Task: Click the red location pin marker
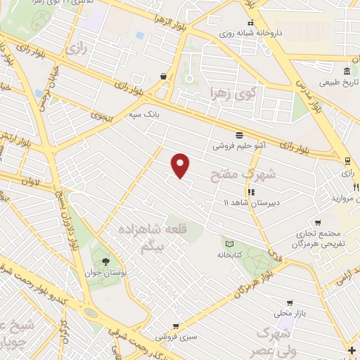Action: point(181,165)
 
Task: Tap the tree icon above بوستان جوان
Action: point(105,262)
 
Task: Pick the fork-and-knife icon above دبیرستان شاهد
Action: point(250,191)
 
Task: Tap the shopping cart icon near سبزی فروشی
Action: point(175,326)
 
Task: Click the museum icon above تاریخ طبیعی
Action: point(347,71)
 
